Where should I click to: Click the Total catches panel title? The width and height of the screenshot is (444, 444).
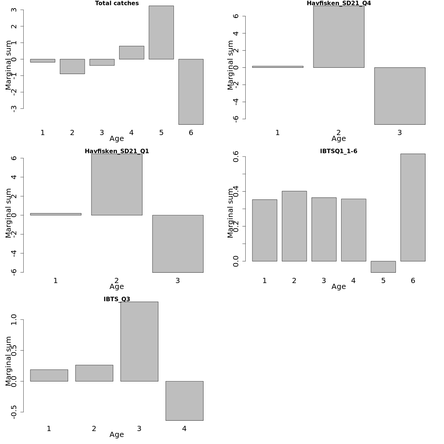117,3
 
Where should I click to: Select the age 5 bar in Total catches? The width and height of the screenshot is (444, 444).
161,33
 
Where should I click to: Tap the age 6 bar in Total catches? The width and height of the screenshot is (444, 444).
191,92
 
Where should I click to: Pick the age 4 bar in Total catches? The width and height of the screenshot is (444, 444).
132,53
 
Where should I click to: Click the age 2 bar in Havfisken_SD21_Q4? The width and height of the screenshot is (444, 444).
339,37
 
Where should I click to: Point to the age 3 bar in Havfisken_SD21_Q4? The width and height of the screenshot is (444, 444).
400,96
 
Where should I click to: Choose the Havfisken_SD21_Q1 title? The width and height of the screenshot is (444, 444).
117,151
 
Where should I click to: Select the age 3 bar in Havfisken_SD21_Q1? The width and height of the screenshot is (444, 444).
178,243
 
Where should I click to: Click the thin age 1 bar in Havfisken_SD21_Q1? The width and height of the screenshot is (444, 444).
55,214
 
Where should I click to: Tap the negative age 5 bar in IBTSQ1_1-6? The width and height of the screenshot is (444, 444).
383,267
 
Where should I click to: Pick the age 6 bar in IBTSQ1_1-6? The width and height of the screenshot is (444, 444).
413,208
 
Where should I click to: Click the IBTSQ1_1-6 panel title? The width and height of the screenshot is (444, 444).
339,151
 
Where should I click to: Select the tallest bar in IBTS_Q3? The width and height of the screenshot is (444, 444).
139,342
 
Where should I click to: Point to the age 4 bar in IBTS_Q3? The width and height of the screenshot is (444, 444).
184,401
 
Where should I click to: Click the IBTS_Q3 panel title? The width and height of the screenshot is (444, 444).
117,299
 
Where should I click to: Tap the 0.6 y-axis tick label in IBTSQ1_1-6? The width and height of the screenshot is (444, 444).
236,157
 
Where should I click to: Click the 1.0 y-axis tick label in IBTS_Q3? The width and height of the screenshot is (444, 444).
14,319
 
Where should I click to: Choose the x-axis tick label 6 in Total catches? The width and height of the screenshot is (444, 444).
191,132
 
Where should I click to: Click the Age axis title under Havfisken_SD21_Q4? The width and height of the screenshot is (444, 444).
339,139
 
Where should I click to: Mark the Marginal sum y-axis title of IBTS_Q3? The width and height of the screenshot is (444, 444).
9,361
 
